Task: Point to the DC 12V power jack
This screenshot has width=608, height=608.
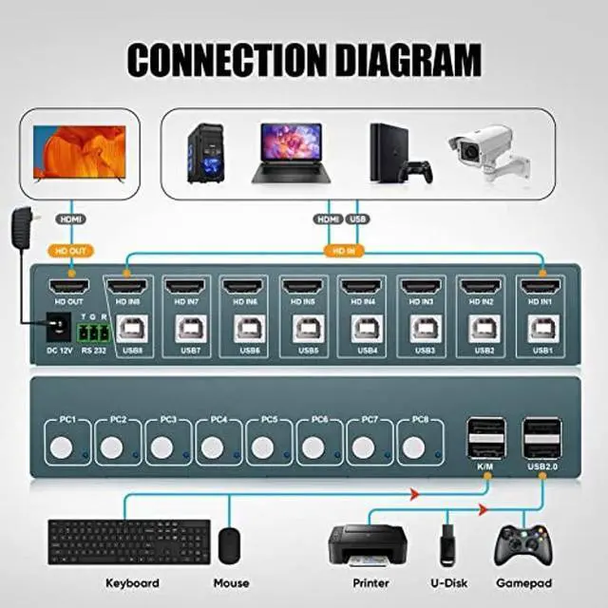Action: pyautogui.click(x=58, y=329)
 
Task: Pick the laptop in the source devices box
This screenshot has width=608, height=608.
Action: pyautogui.click(x=290, y=151)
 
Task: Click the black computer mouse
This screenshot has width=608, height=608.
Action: pyautogui.click(x=230, y=545)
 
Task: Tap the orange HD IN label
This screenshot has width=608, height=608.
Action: pyautogui.click(x=344, y=252)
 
